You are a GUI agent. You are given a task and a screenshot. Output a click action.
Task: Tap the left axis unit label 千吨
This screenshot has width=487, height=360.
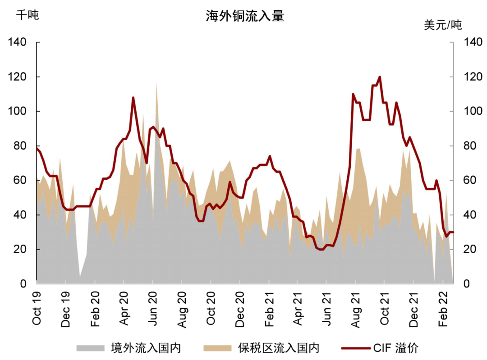coord(28,15)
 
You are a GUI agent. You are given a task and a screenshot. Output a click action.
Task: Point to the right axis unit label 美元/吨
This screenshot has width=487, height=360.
coord(443,25)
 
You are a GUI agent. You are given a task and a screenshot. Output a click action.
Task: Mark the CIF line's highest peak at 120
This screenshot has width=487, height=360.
coord(380,77)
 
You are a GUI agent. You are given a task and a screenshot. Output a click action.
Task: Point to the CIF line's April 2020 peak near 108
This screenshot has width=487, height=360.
coord(133,97)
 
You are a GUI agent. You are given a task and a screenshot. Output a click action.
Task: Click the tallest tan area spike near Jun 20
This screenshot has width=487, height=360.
coord(156,83)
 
